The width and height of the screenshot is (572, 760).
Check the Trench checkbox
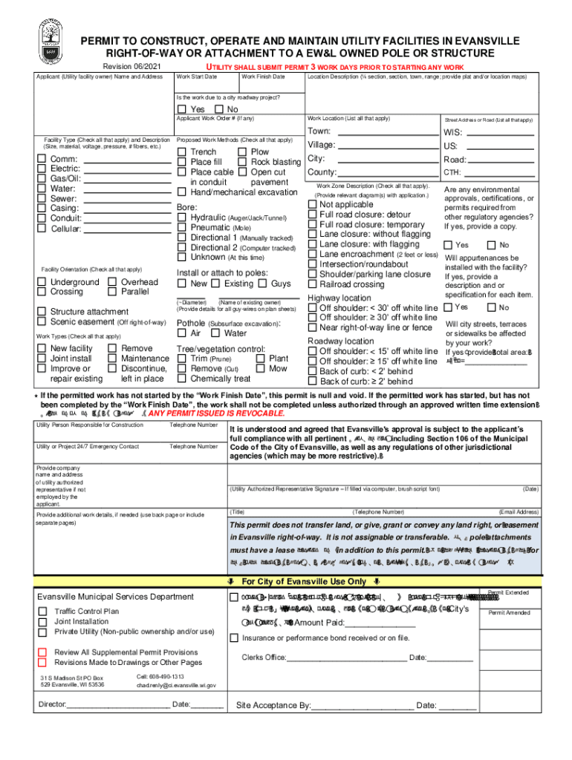182,152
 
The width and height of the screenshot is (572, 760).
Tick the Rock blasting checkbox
242,162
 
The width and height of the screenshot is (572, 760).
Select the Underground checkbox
42,282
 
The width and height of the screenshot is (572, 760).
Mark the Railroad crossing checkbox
312,284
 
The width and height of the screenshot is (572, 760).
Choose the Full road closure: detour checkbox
312,214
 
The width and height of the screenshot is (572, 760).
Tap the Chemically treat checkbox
182,379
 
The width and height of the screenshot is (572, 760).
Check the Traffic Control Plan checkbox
42,612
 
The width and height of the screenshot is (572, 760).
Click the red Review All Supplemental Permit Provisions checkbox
42,652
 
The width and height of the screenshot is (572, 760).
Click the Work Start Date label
197,76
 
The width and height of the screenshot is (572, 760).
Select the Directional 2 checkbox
182,248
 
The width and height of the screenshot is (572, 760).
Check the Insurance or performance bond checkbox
235,638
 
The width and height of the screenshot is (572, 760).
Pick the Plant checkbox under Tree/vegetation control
261,358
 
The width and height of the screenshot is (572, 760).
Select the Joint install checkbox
42,358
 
